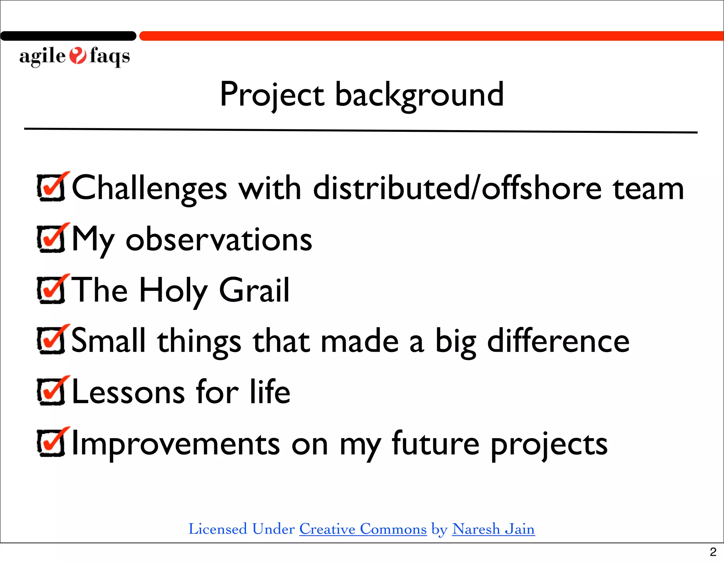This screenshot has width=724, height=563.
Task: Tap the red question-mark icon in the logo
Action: (77, 56)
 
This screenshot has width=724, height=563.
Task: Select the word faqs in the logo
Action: (110, 57)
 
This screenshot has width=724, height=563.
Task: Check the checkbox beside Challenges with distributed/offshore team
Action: (52, 188)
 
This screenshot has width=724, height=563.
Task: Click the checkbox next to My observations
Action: (52, 239)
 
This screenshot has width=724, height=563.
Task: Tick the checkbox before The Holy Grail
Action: (52, 290)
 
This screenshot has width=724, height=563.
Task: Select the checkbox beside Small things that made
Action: (52, 340)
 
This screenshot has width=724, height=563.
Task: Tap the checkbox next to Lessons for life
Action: (52, 392)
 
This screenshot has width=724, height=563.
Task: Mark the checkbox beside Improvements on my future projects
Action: (52, 443)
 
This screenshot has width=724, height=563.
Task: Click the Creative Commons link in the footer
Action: (363, 529)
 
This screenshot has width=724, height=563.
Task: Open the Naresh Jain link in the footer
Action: (493, 529)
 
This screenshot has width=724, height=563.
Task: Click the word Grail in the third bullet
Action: (254, 291)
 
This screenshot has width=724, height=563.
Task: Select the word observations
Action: (219, 240)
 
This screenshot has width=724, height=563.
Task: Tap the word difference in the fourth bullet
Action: (558, 341)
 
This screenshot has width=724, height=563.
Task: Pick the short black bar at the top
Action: (68, 36)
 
